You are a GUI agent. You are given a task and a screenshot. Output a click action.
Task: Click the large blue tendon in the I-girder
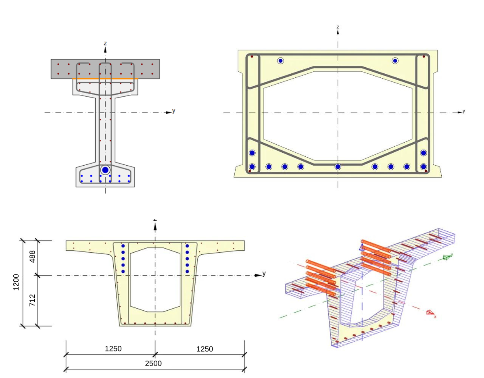point(105,170)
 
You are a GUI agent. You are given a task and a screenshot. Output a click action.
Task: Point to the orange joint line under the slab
point(105,79)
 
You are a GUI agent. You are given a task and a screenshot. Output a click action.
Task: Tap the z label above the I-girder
point(105,43)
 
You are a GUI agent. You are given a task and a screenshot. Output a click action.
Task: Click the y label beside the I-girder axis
point(174,111)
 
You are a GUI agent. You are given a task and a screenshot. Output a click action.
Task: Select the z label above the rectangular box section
point(338,27)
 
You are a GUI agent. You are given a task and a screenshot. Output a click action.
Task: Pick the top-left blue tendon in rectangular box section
point(280,61)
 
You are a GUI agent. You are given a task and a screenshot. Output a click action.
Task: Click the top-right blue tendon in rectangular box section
point(395,61)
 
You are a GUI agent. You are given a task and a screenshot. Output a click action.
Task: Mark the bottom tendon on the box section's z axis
point(338,167)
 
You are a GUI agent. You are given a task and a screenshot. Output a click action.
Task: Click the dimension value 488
point(32,258)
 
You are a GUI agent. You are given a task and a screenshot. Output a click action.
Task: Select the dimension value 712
point(32,300)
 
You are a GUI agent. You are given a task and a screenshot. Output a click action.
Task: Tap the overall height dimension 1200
point(16,282)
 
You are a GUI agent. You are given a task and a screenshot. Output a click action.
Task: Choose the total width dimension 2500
point(153,363)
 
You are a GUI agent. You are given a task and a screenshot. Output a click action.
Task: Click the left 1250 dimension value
point(113,349)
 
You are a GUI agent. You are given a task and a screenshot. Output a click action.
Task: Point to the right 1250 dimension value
point(204,349)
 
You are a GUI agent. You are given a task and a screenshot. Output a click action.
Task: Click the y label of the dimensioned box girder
point(264,274)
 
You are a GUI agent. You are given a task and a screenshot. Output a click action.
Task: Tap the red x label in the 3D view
point(435,317)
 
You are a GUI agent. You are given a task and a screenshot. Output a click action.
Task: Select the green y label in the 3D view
point(452,254)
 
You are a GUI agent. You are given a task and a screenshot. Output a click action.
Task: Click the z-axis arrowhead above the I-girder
point(105,50)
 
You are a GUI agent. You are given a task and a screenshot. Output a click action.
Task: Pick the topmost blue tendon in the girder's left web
point(123,246)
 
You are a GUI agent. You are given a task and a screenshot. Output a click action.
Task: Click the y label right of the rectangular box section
point(464,111)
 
